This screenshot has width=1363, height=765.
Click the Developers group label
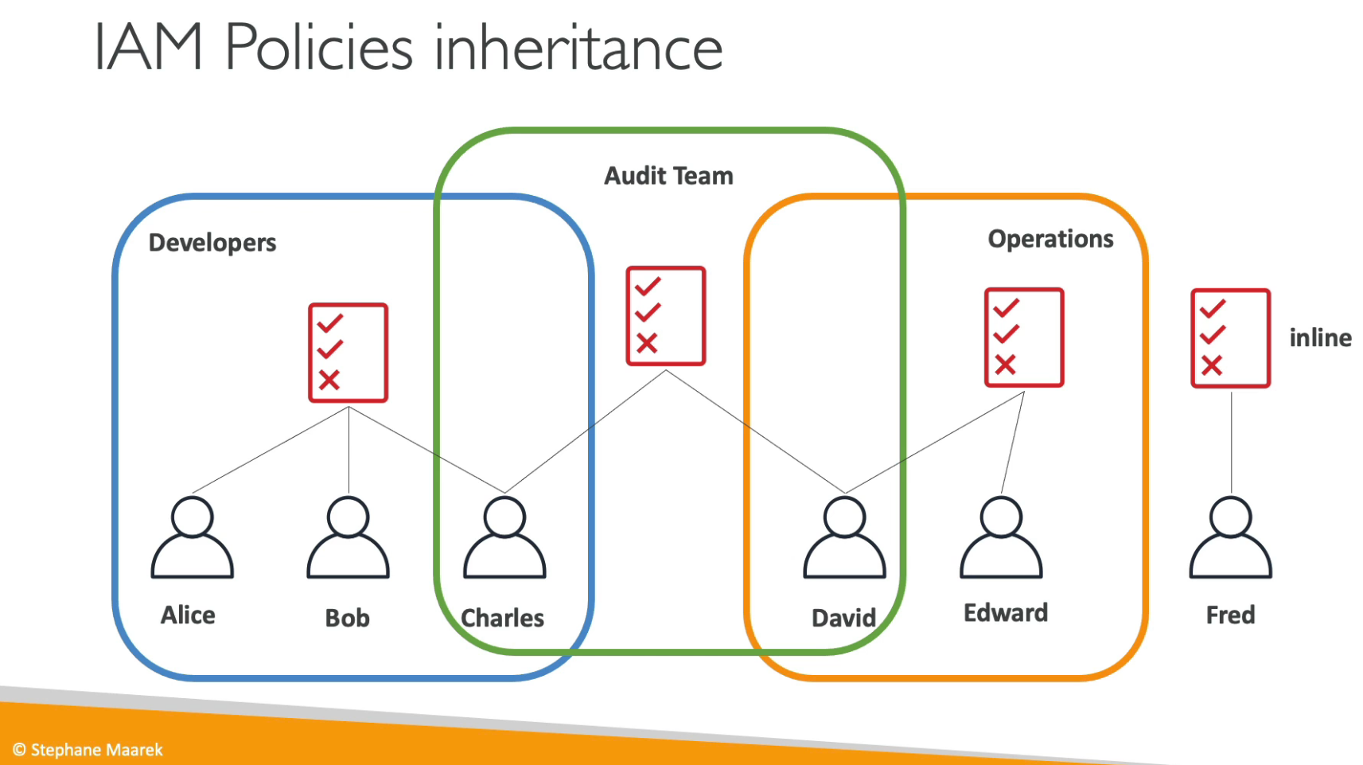[x=212, y=244]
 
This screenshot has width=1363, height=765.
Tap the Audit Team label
[x=668, y=176]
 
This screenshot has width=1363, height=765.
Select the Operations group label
[x=1051, y=240]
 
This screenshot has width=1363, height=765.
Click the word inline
[x=1320, y=338]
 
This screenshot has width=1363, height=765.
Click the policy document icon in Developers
[x=348, y=353]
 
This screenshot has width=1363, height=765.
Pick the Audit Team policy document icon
[x=666, y=316]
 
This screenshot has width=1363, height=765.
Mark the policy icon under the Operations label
[x=1024, y=338]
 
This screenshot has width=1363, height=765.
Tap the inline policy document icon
[x=1230, y=338]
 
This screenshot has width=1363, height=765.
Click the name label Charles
[x=503, y=619]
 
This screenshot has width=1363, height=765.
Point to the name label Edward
[x=1006, y=613]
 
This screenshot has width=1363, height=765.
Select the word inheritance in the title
[x=578, y=47]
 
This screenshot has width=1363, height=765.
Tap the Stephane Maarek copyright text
[x=88, y=750]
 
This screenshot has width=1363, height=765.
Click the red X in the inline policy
[x=1212, y=365]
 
